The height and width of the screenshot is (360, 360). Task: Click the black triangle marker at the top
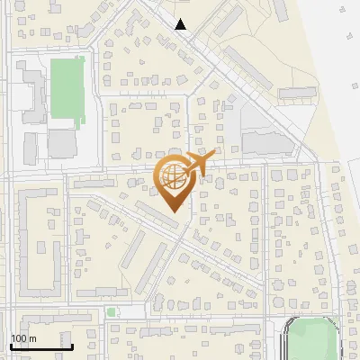pos(181,24)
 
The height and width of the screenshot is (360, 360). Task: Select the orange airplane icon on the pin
pos(199,165)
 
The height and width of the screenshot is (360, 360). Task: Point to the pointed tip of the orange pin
pos(172,212)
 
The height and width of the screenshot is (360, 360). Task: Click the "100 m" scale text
pos(23,338)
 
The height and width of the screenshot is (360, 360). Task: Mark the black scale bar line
pos(41,346)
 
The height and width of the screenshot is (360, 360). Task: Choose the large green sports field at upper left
pos(67,88)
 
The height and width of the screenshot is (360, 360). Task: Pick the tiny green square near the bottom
pos(111,312)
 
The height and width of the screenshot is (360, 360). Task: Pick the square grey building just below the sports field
pos(62,143)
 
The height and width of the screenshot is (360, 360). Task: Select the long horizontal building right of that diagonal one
pos(297,92)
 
